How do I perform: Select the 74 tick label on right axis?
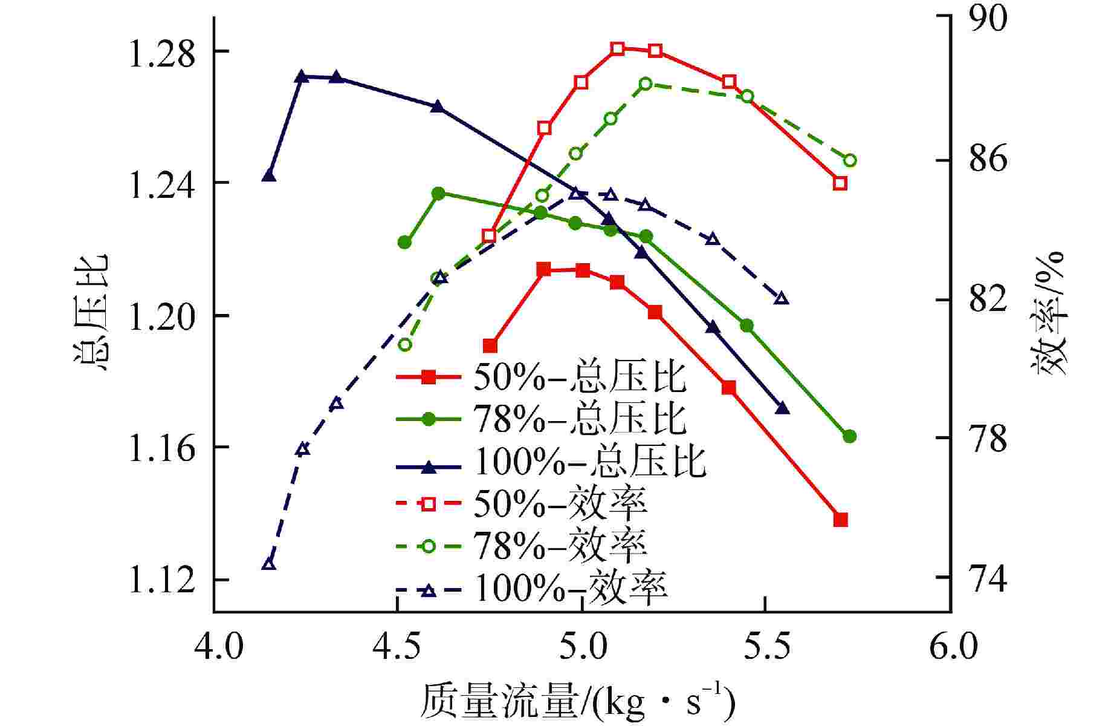tap(989, 578)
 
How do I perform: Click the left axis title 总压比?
tap(91, 312)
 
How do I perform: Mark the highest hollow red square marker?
tap(617, 49)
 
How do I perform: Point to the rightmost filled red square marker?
tap(840, 520)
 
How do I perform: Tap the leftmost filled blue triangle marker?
tap(269, 176)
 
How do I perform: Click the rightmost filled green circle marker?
tap(849, 436)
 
